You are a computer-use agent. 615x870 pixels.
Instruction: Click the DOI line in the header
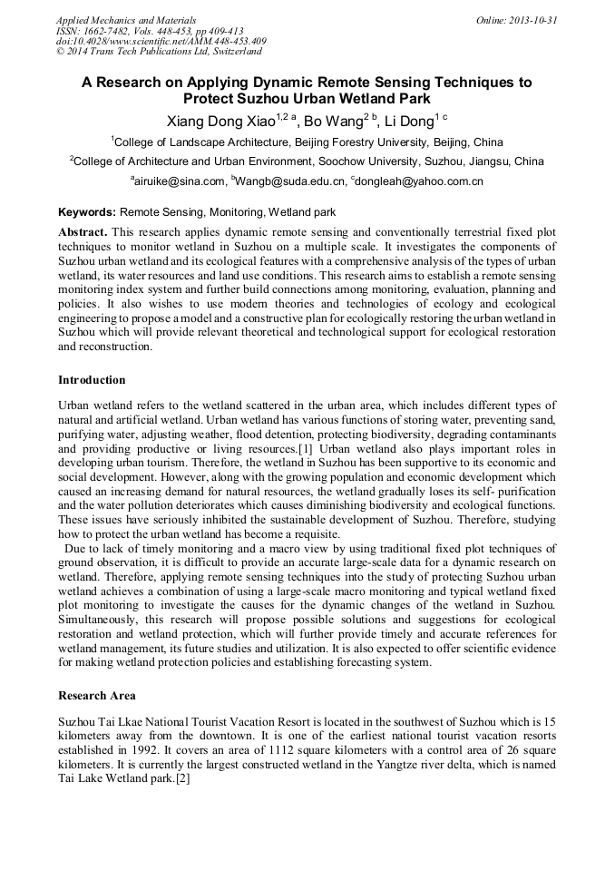click(x=161, y=41)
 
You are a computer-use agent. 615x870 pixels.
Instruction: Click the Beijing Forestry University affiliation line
click(x=307, y=142)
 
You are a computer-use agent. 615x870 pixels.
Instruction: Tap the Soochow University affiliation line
click(x=307, y=161)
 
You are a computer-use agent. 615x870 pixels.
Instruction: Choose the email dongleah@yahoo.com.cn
click(x=419, y=181)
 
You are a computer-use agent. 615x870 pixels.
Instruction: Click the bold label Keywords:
click(x=87, y=212)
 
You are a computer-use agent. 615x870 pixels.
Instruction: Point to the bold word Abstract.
click(x=83, y=232)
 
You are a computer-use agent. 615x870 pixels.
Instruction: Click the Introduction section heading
click(x=92, y=379)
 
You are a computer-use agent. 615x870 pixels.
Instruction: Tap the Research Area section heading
click(x=97, y=696)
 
